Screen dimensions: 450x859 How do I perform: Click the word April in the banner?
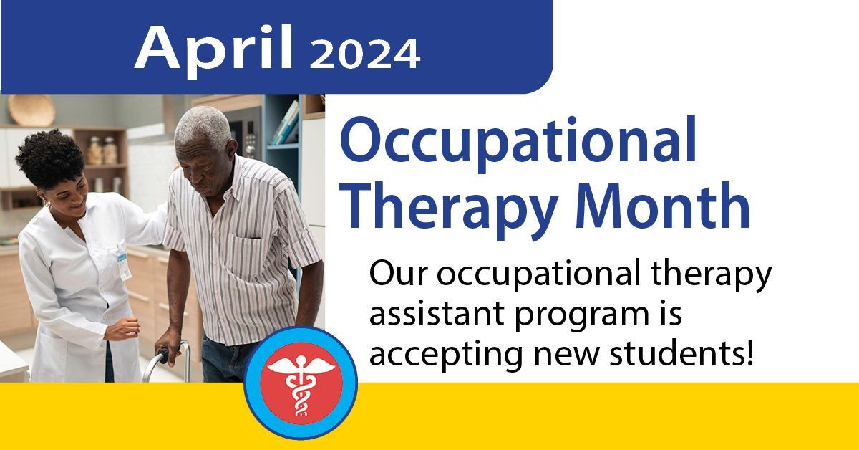click(x=213, y=47)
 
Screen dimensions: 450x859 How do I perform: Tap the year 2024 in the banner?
click(x=364, y=53)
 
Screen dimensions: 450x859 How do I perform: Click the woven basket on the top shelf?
click(x=31, y=110)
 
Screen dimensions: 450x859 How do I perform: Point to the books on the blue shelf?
click(x=286, y=123)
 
